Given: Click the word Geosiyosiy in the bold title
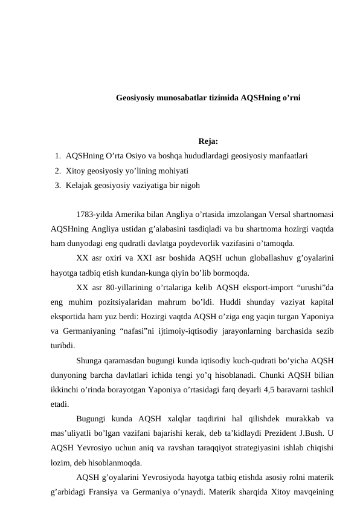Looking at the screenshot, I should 136,97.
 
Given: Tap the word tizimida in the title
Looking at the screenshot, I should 224,97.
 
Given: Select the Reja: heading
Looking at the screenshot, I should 208,143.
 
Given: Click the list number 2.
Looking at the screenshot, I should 56,170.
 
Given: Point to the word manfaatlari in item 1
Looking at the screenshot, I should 288,156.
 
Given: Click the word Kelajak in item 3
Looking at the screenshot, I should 80,185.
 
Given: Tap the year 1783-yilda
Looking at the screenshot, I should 95,215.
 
